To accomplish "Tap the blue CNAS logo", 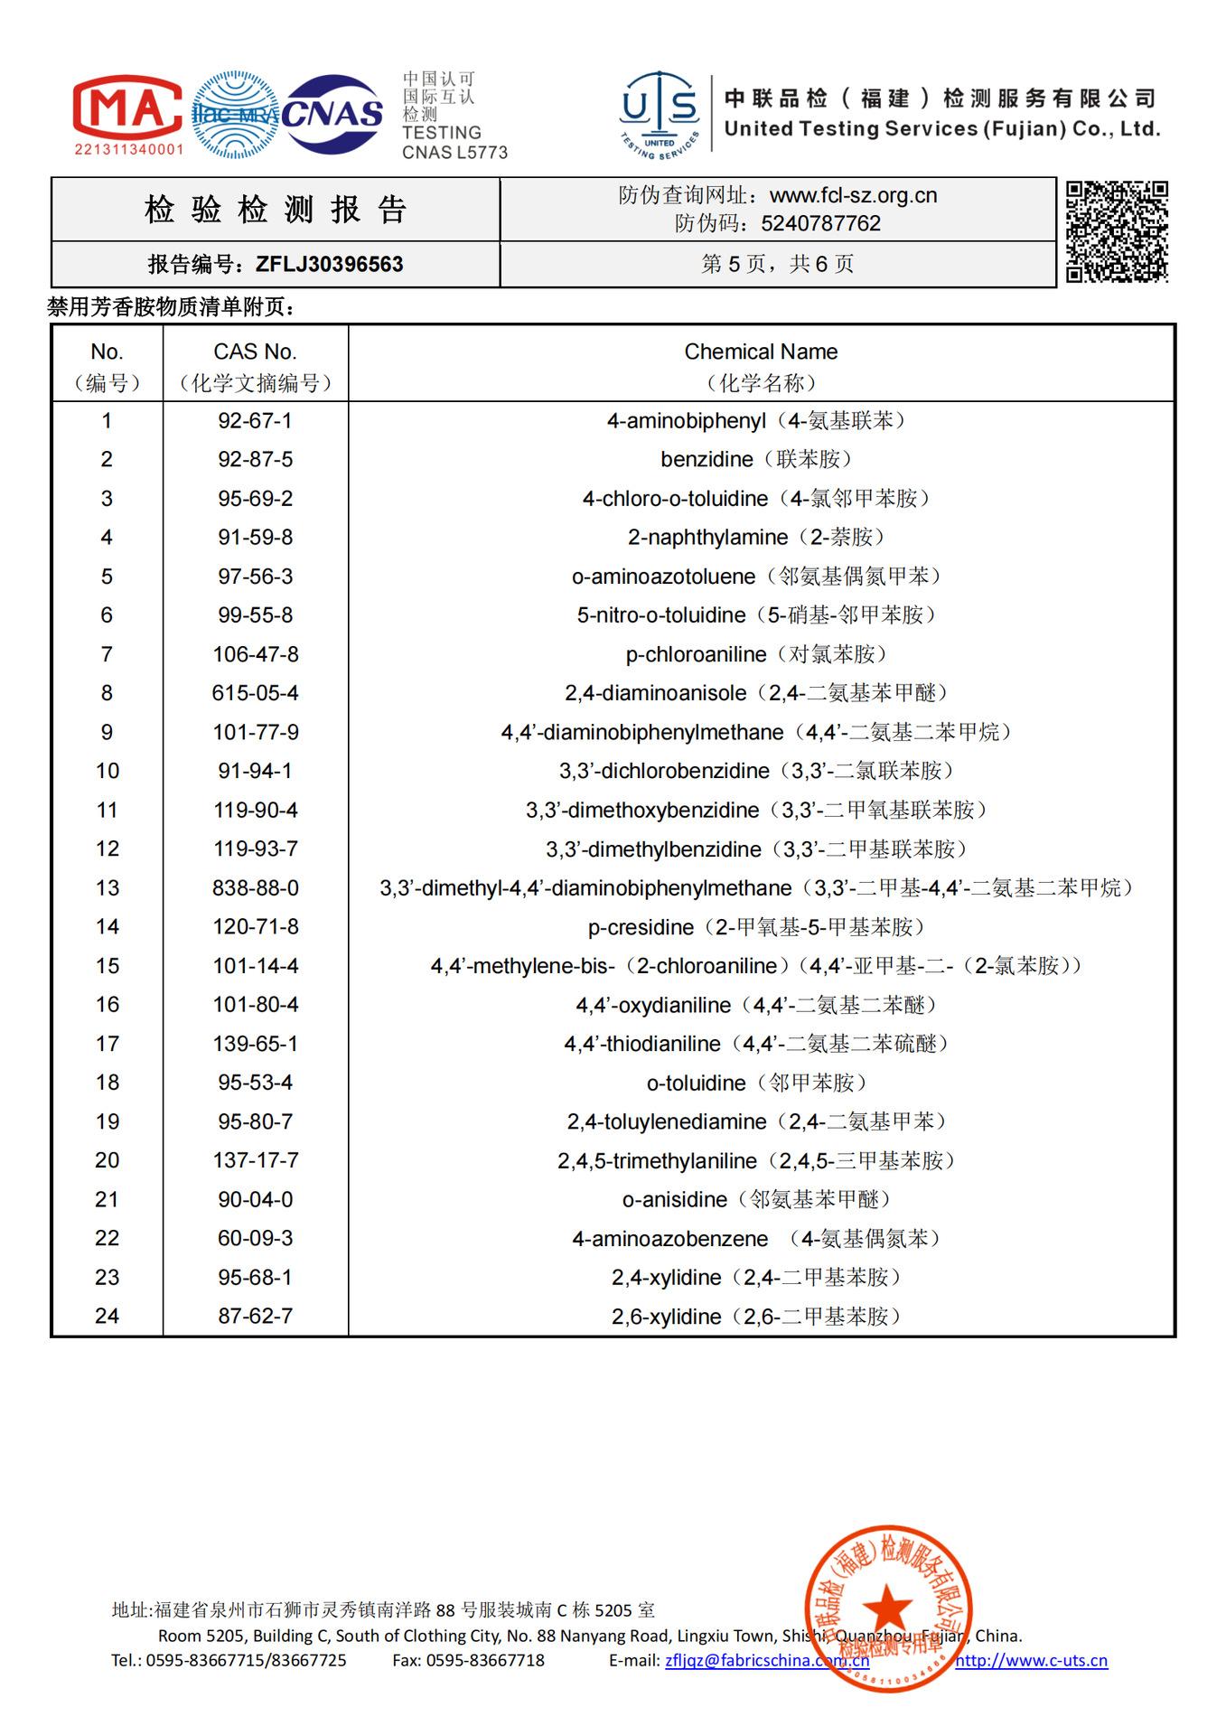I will tap(332, 114).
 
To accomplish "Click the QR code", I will tap(1117, 231).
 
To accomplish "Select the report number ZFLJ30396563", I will tap(329, 265).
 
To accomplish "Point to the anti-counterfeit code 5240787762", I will tap(820, 223).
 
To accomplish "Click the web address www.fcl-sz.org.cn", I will tap(853, 195).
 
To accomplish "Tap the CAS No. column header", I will tap(255, 352).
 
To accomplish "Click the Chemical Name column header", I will tap(761, 352).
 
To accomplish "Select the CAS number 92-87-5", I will tap(255, 460).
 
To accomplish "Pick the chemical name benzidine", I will tap(707, 460).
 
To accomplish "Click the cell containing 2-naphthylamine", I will tap(708, 538).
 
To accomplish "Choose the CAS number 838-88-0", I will tap(255, 888).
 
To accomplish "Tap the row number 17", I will tap(107, 1044).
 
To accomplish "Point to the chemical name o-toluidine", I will tap(696, 1083).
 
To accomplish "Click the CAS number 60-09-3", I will tap(255, 1238).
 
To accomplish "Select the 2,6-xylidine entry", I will tap(667, 1317).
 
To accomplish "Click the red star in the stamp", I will tap(887, 1608).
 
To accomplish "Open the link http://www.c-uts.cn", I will tap(1031, 1660).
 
